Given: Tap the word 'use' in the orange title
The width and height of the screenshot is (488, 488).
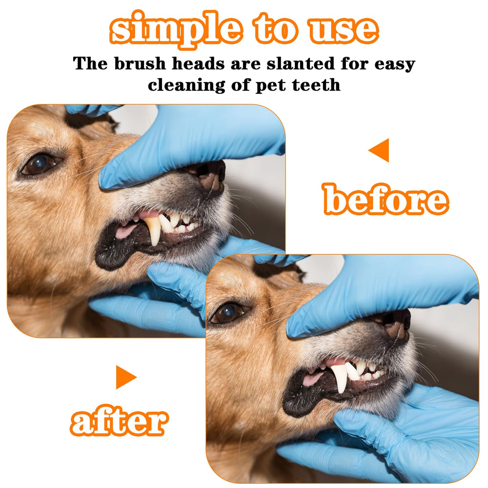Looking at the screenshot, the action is [x=343, y=30].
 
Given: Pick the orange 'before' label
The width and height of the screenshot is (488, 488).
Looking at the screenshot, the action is [x=386, y=199].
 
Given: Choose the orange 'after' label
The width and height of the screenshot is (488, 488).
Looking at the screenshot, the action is [x=119, y=420].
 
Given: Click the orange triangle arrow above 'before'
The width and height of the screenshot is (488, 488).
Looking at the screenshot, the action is [x=379, y=150].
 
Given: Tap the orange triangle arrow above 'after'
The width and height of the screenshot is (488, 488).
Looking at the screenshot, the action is [x=126, y=377].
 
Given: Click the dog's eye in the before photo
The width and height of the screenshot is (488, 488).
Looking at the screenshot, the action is [x=40, y=164].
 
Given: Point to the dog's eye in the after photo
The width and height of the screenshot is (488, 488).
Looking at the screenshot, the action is [x=229, y=313].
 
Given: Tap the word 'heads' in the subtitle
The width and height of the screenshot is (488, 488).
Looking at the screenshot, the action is [x=198, y=63].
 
